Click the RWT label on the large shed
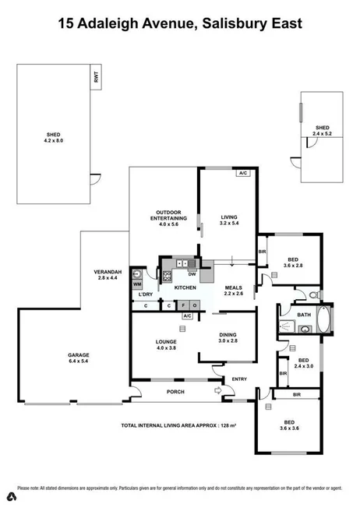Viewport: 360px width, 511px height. click(97, 78)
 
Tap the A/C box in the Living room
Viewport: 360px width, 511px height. click(242, 173)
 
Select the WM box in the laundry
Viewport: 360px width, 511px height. click(136, 285)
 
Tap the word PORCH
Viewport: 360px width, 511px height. click(175, 392)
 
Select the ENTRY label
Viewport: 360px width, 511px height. click(238, 379)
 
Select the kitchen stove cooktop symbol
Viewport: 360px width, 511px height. click(167, 275)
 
